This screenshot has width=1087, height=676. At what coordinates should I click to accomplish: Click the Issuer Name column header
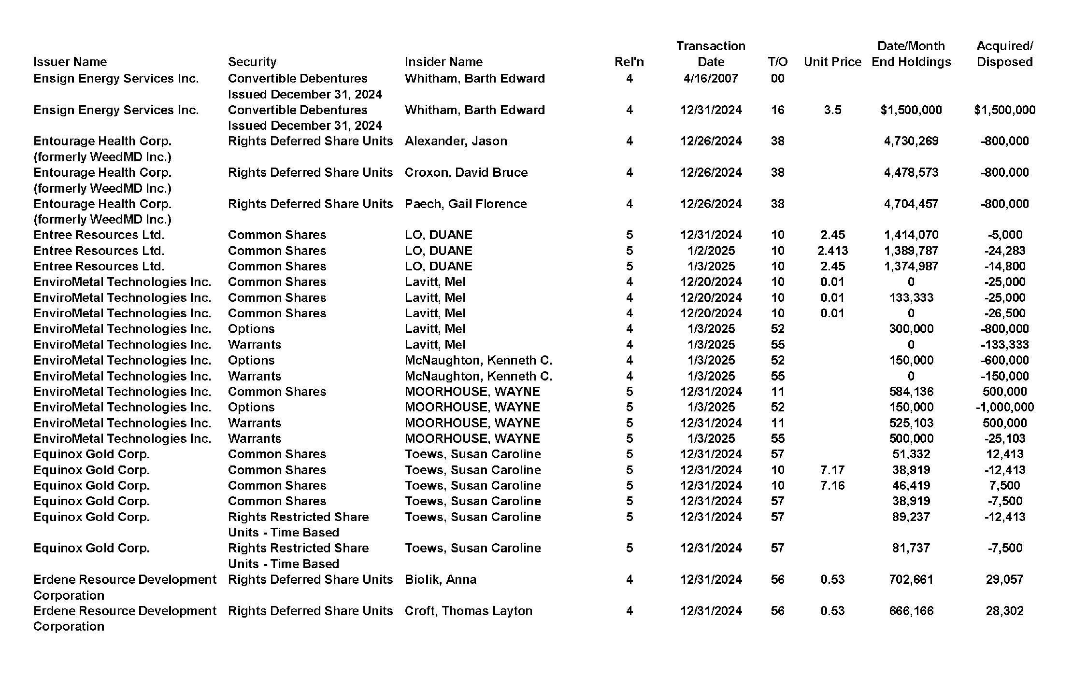(70, 62)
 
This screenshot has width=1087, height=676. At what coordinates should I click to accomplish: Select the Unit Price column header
(832, 62)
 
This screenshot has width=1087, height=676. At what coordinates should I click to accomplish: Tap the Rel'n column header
(629, 62)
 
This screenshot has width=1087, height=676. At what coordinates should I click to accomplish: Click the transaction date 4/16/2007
(711, 78)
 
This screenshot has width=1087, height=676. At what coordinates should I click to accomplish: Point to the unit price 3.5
(832, 110)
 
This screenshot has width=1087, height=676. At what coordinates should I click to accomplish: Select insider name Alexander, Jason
(456, 141)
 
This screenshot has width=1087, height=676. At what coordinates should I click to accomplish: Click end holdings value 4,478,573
(911, 172)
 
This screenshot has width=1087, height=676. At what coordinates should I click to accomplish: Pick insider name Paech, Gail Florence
(465, 204)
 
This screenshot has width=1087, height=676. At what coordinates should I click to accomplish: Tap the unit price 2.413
(832, 251)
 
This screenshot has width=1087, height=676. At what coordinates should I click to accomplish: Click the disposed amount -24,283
(1004, 251)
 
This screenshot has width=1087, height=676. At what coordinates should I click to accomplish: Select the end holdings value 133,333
(911, 297)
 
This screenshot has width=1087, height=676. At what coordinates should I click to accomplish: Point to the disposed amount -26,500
(1004, 313)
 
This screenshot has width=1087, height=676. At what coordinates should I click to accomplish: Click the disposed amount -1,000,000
(1004, 407)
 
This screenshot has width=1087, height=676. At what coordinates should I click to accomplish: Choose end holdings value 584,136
(911, 392)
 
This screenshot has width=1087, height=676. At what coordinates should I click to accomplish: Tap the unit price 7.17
(832, 470)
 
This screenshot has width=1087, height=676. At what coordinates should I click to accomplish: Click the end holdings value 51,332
(911, 454)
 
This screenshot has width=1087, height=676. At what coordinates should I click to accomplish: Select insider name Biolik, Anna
(440, 579)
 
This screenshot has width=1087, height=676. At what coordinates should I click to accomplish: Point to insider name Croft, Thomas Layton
(468, 611)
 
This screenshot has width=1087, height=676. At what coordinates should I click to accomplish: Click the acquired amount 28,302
(1004, 611)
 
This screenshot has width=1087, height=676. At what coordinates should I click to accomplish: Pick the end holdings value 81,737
(911, 548)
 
